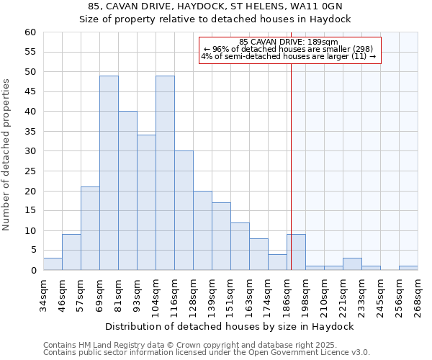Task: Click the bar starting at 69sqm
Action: [x=109, y=173]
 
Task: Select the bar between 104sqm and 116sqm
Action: [x=165, y=173]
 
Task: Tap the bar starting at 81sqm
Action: [x=127, y=191]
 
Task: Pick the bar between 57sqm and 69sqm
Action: [x=90, y=228]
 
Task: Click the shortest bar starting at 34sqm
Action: [x=53, y=264]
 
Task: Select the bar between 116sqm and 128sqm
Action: [x=184, y=210]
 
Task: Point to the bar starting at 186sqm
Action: [x=296, y=252]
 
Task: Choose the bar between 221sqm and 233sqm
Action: [x=352, y=264]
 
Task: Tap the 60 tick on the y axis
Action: [x=30, y=32]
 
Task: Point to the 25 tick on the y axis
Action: [x=30, y=171]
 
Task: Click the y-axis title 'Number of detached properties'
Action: [x=7, y=155]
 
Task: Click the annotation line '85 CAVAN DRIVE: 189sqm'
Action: [x=288, y=42]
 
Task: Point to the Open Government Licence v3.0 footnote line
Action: [x=206, y=353]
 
